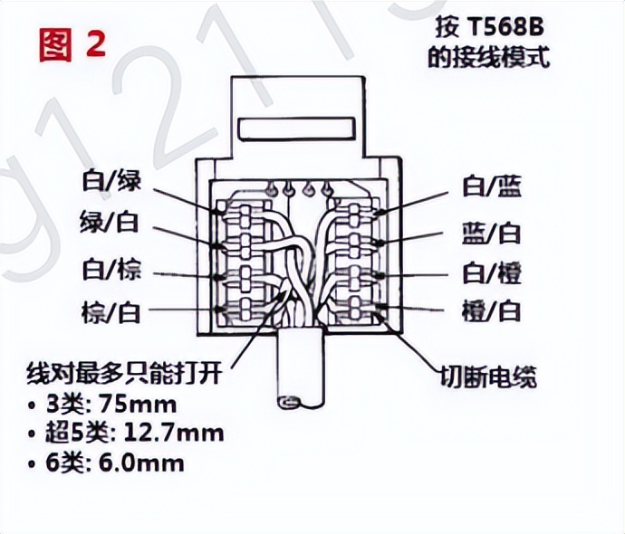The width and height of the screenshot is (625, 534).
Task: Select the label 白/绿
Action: tap(111, 184)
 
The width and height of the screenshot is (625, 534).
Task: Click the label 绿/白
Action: tap(111, 227)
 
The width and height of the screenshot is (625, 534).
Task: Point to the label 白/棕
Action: tap(111, 271)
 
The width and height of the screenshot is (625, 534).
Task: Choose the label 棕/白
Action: tap(111, 313)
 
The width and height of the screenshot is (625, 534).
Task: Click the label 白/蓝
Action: tap(493, 187)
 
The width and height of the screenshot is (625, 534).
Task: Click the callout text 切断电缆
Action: tap(488, 375)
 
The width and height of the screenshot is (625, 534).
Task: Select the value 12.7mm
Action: tap(178, 434)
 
